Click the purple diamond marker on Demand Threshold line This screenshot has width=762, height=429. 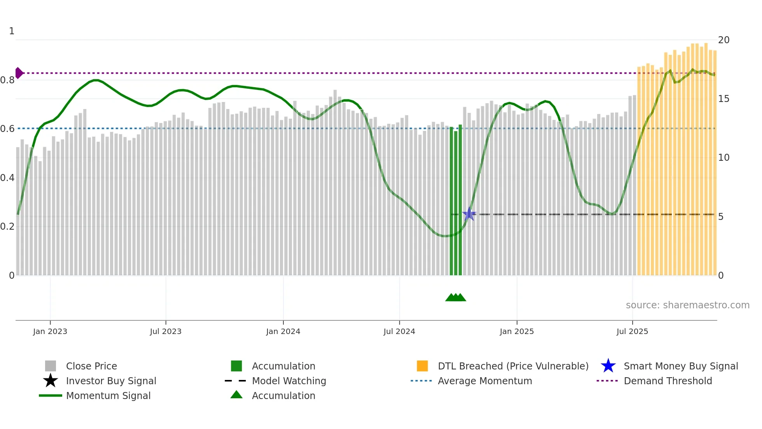(19, 73)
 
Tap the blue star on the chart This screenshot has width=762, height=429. (469, 214)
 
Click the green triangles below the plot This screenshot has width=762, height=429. (456, 297)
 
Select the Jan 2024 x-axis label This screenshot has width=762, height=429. (283, 331)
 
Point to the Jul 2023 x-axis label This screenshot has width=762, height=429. (166, 331)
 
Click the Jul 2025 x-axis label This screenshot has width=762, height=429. (632, 331)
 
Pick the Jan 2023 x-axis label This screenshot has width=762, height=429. (50, 331)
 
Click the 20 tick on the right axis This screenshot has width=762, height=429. (724, 40)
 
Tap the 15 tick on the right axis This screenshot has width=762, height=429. (724, 98)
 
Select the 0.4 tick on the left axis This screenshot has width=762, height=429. (7, 178)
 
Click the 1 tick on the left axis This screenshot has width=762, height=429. (12, 31)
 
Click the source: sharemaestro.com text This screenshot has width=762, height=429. (687, 305)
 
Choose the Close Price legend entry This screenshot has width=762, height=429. (91, 366)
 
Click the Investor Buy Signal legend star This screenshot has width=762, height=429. (51, 381)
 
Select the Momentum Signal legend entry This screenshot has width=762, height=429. (108, 396)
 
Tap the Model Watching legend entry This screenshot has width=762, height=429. (289, 381)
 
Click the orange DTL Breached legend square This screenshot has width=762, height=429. (422, 366)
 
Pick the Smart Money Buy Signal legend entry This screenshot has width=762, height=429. (681, 366)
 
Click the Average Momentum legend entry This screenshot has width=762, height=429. (485, 381)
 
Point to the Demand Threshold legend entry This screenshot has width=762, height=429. (668, 381)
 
